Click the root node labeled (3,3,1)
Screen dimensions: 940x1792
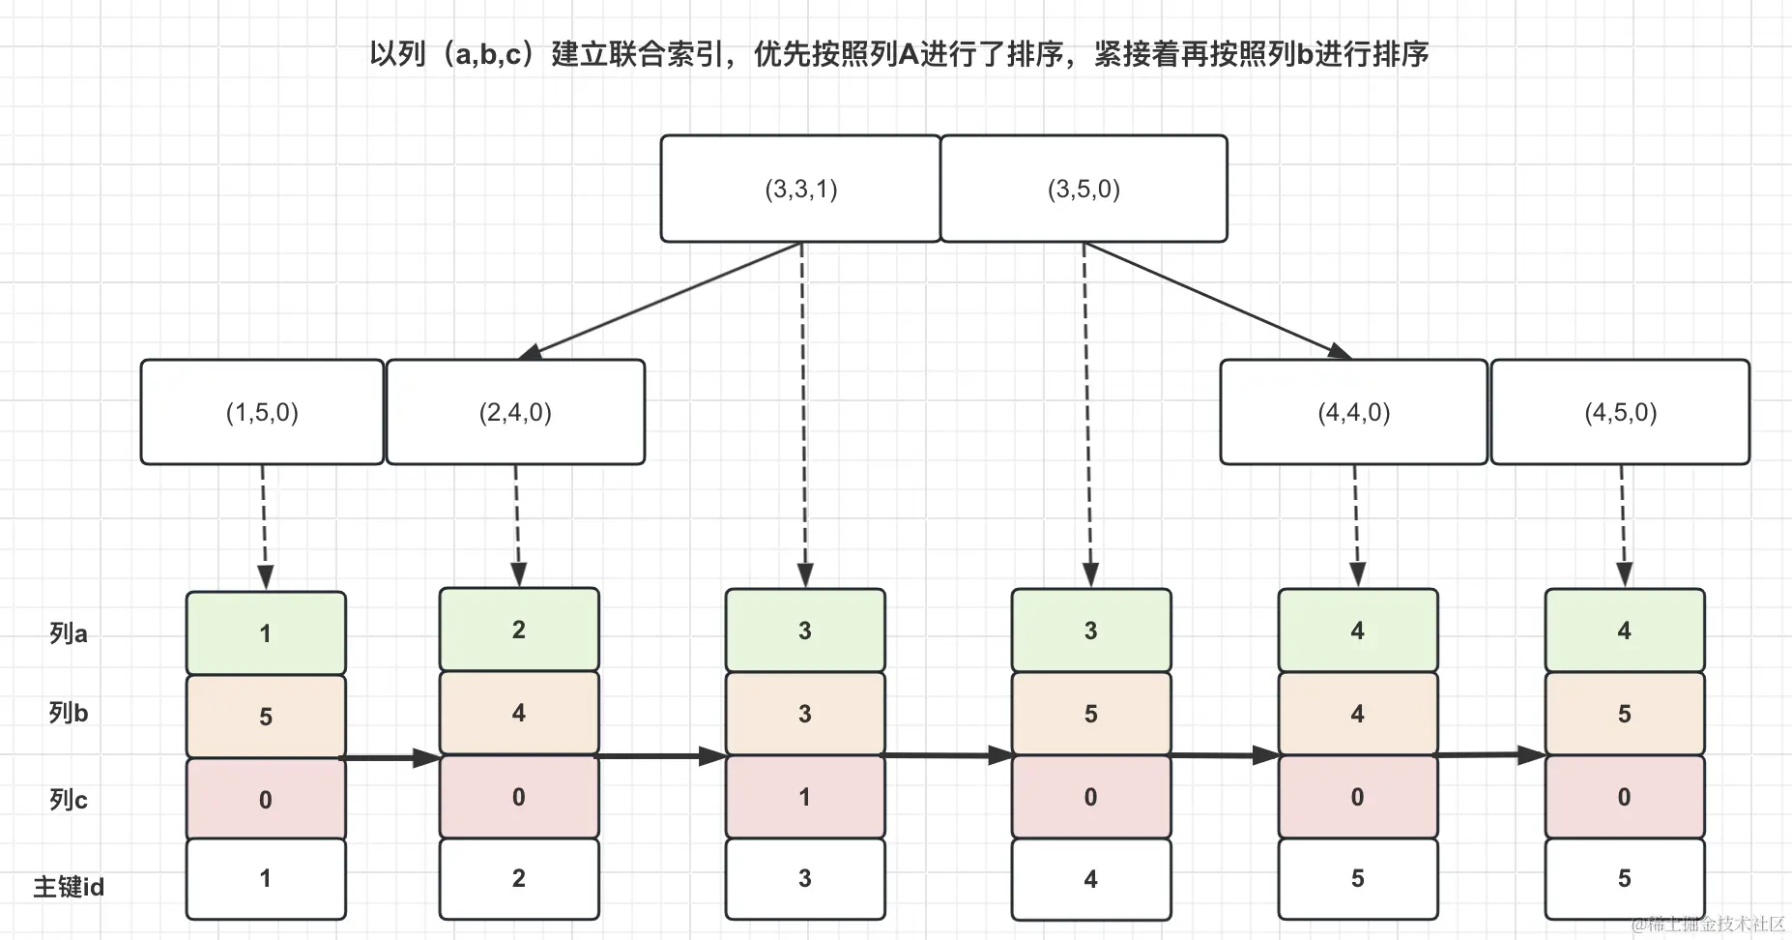point(800,189)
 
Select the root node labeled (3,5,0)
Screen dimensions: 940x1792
point(1084,189)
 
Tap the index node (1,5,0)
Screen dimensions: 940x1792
point(262,413)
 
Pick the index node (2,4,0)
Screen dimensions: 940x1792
point(515,413)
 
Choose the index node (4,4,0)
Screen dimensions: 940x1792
point(1353,413)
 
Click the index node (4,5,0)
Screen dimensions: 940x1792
point(1620,413)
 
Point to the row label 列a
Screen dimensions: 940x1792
point(69,634)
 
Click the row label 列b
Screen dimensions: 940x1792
point(69,714)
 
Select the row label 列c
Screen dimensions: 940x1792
point(69,800)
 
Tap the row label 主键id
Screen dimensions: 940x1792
point(69,887)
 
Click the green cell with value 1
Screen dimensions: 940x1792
point(266,633)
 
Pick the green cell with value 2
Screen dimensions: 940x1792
point(519,630)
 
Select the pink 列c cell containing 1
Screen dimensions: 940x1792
point(804,797)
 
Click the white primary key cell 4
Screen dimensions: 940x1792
point(1090,879)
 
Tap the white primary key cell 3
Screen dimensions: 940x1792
point(804,878)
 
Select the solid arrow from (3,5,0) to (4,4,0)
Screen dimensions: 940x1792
point(1218,300)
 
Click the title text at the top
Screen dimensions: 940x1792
point(899,54)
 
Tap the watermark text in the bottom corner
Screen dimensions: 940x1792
point(1708,924)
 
